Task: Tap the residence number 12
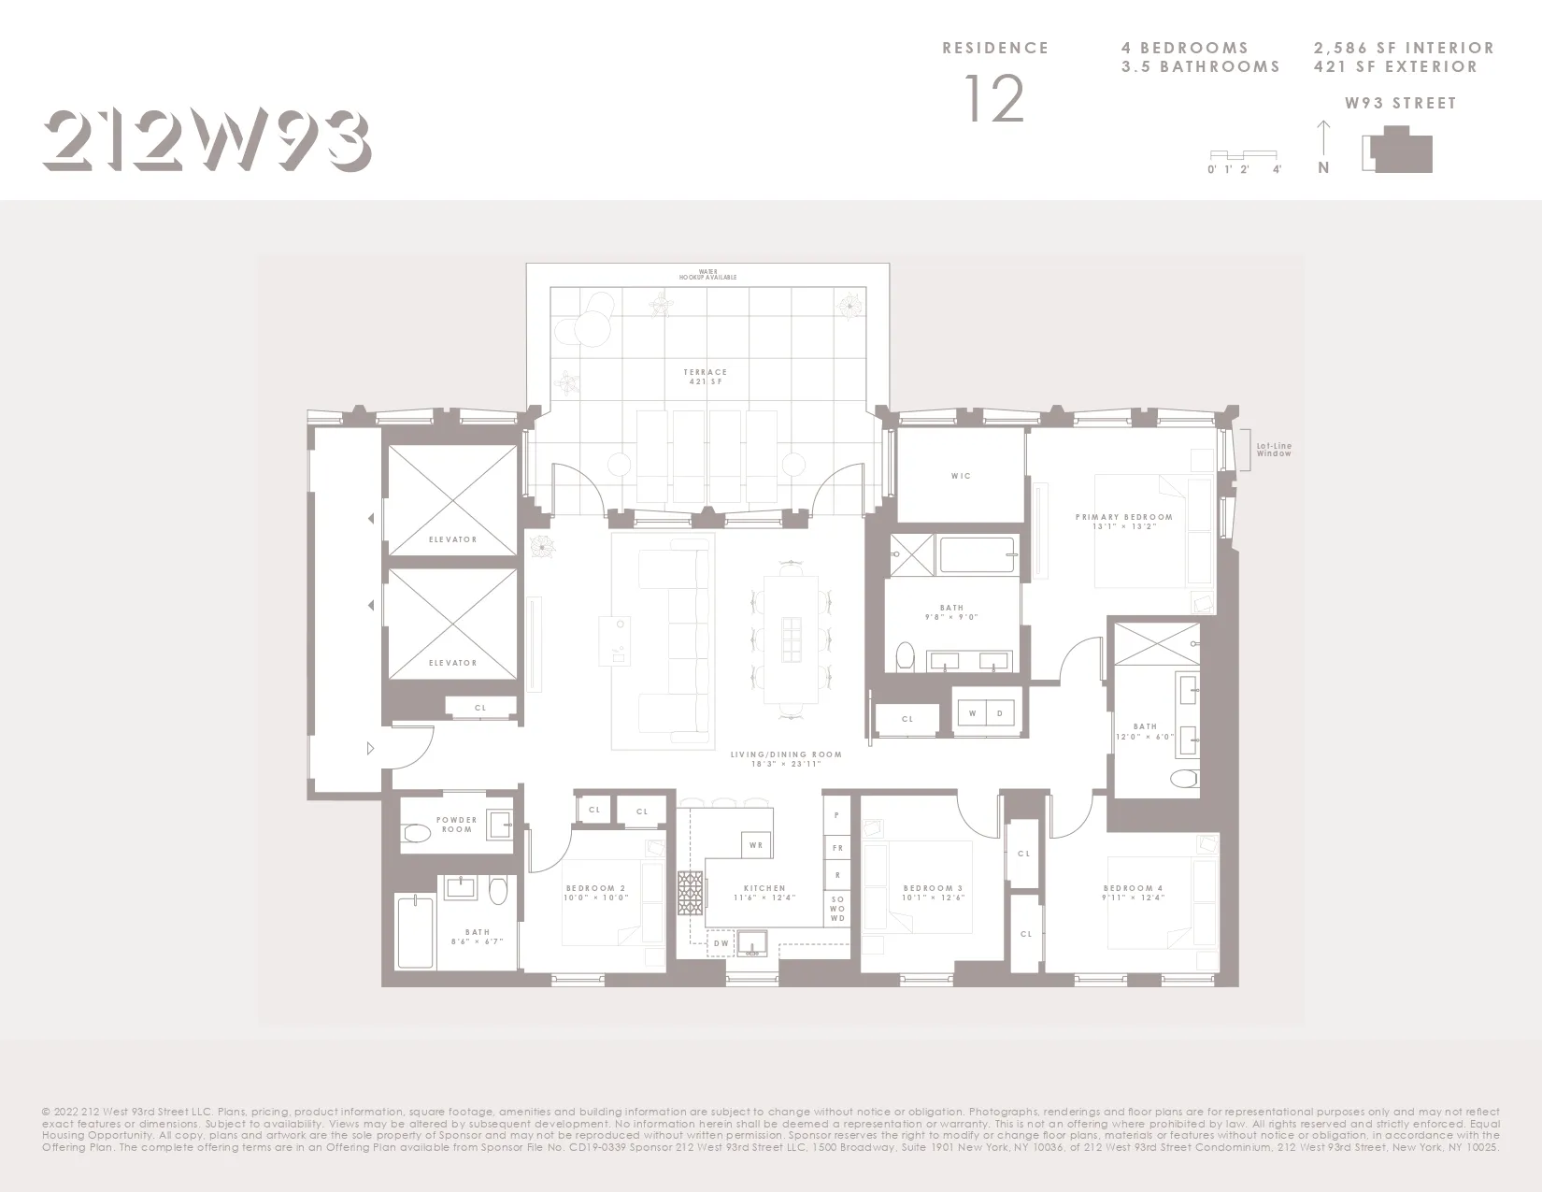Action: [994, 99]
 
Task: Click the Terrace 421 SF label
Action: [706, 377]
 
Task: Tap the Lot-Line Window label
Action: [1274, 450]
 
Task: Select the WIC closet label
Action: [961, 476]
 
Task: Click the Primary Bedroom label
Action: [1123, 521]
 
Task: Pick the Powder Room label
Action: [456, 825]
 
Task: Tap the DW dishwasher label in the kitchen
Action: [721, 944]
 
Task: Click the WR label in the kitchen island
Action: [756, 845]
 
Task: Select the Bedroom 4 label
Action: [1134, 893]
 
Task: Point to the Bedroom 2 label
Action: [595, 893]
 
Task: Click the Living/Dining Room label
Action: [786, 759]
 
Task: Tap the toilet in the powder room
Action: [416, 832]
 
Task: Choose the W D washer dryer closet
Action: [986, 713]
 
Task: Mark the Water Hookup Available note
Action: [707, 275]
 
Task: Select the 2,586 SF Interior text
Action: [1404, 48]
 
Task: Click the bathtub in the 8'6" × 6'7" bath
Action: [415, 932]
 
